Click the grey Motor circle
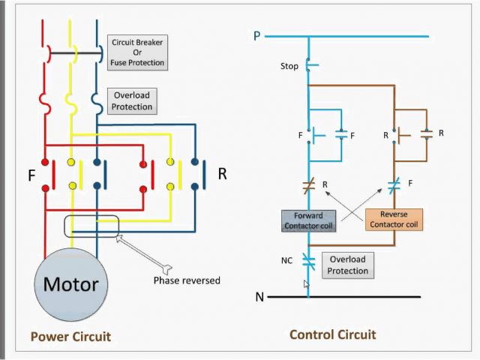70,285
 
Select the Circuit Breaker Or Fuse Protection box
137,53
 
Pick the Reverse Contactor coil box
394,219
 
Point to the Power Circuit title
70,337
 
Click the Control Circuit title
332,334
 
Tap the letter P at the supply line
256,35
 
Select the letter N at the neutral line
259,297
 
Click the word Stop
289,67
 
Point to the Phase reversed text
187,280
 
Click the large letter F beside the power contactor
31,177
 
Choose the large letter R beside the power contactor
222,174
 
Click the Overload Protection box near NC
347,265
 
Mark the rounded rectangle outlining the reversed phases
91,227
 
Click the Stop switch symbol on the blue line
309,66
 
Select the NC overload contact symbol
307,260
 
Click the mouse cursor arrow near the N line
305,284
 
